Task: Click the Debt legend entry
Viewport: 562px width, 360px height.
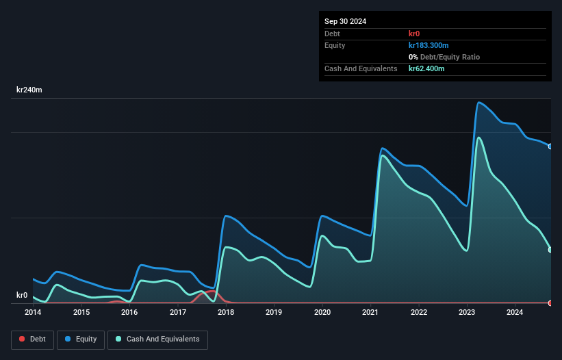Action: tap(34, 339)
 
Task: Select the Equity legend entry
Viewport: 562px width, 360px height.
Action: tap(81, 339)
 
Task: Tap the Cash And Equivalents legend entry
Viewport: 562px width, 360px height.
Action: tap(157, 339)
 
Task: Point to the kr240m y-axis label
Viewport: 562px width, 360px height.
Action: tap(29, 90)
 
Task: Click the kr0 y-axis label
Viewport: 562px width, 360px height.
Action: tap(22, 296)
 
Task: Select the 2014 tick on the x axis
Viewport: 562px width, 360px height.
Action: tap(33, 313)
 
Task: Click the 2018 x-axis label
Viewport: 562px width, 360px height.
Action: tap(226, 313)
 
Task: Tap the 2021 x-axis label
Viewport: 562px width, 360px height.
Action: tap(370, 313)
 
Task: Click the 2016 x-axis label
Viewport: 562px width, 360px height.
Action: tap(129, 313)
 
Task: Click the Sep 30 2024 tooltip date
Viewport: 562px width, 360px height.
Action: tap(345, 21)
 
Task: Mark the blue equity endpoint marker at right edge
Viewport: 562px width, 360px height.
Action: tap(550, 146)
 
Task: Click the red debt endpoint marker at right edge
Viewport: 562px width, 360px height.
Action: tap(550, 303)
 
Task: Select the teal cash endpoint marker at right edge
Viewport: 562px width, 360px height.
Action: tap(550, 250)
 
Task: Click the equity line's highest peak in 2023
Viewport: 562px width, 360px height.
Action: tap(479, 103)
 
